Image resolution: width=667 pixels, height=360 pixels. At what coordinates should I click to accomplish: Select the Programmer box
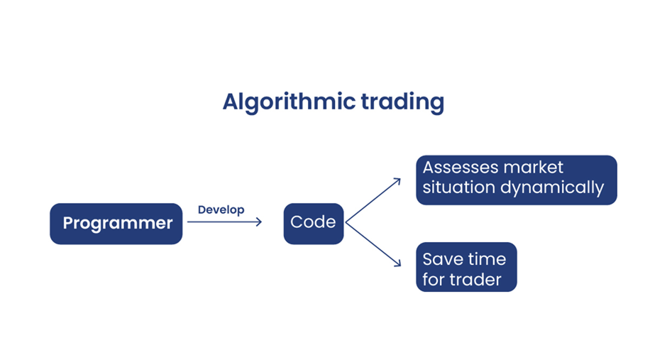116,224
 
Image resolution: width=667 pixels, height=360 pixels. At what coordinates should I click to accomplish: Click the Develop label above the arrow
221,209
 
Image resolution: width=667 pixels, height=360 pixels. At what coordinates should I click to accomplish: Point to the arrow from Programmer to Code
224,222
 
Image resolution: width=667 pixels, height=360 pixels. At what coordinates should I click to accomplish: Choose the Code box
313,222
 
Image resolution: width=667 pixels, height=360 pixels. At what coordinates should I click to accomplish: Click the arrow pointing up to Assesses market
373,201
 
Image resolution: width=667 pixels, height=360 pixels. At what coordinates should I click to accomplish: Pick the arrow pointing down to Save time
373,244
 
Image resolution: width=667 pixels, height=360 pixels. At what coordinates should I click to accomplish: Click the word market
534,168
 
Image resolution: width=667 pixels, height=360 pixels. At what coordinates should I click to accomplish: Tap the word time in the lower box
486,259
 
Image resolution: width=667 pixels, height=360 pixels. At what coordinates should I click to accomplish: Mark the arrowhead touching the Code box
259,222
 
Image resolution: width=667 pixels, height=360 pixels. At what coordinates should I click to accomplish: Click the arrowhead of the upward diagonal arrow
397,181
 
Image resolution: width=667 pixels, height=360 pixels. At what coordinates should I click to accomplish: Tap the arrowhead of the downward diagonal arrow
397,264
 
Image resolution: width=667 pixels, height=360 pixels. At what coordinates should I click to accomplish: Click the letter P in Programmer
68,224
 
